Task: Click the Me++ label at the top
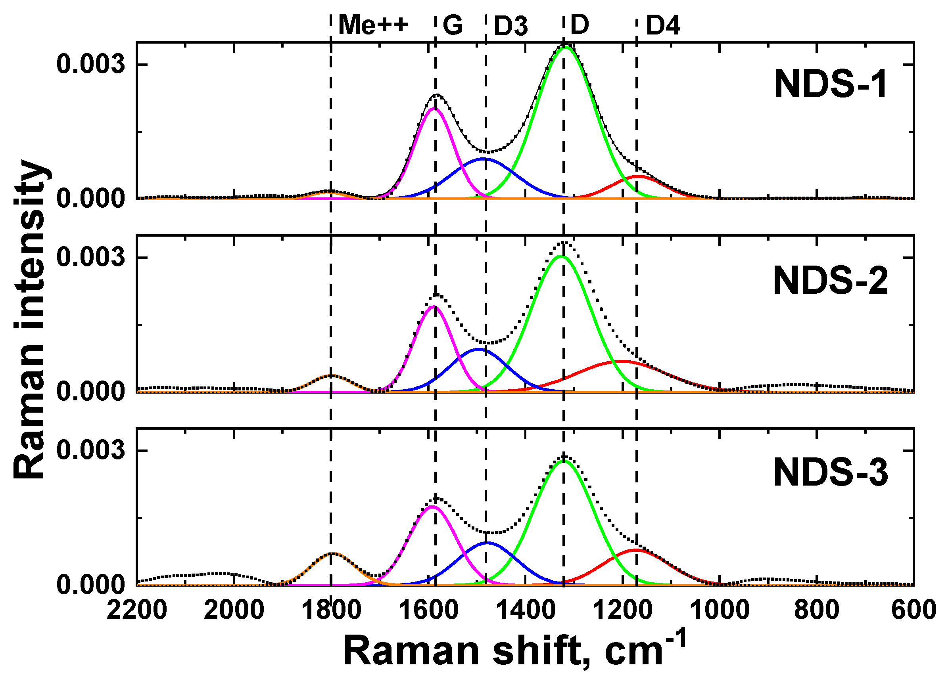(373, 25)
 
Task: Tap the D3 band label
(511, 26)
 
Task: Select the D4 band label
(663, 26)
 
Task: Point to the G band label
(453, 25)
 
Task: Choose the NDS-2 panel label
(830, 281)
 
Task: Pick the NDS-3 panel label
(830, 473)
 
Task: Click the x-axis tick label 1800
(331, 610)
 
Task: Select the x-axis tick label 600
(913, 610)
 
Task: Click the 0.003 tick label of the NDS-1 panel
(91, 65)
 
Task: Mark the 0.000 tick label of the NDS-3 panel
(91, 585)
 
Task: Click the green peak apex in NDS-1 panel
(566, 47)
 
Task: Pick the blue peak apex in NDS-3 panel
(487, 543)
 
